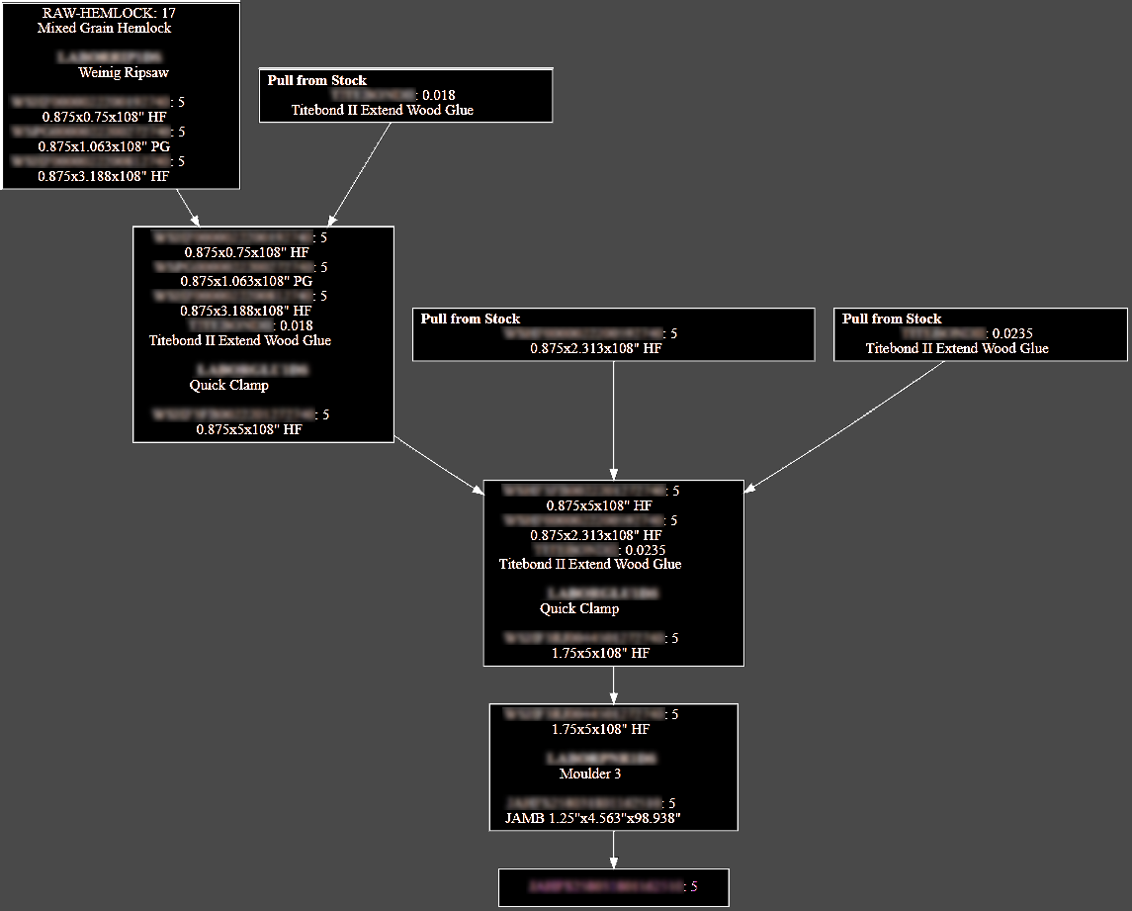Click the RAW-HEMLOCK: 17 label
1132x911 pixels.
point(109,14)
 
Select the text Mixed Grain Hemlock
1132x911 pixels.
point(104,28)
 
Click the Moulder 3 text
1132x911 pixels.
point(590,774)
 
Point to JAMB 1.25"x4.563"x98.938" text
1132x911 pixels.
point(593,818)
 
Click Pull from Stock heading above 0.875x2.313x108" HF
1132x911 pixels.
point(471,319)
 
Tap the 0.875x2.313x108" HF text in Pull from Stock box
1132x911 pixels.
point(595,348)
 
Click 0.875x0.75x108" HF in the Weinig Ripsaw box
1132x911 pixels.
point(104,117)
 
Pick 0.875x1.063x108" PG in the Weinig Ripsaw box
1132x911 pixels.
point(104,146)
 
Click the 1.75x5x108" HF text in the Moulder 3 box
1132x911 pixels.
point(600,729)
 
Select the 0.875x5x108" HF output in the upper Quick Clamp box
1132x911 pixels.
point(249,429)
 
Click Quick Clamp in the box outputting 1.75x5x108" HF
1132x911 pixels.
point(579,608)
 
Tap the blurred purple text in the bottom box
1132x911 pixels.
point(606,886)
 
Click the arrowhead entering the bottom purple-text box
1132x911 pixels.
point(614,864)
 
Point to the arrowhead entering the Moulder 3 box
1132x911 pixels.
point(614,697)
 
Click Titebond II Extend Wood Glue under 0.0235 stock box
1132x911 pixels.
point(957,348)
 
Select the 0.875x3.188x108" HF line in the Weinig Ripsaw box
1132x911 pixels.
point(104,176)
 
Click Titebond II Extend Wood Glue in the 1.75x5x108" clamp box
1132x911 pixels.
point(590,564)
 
